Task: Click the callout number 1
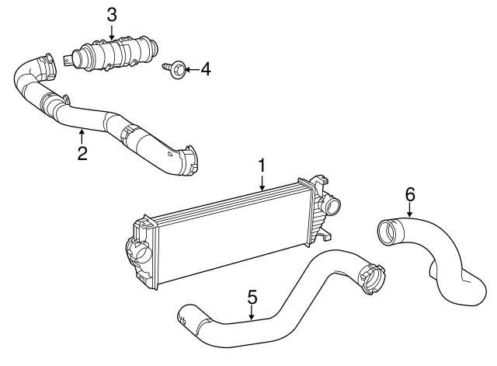tap(262, 166)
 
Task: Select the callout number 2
tap(82, 152)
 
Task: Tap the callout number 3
tap(112, 14)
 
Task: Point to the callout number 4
tap(205, 70)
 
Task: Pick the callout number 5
tap(252, 296)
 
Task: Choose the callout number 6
tap(410, 193)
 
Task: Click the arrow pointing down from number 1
tap(262, 183)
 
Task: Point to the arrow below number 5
tap(252, 313)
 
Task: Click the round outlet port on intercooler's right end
tap(333, 207)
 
